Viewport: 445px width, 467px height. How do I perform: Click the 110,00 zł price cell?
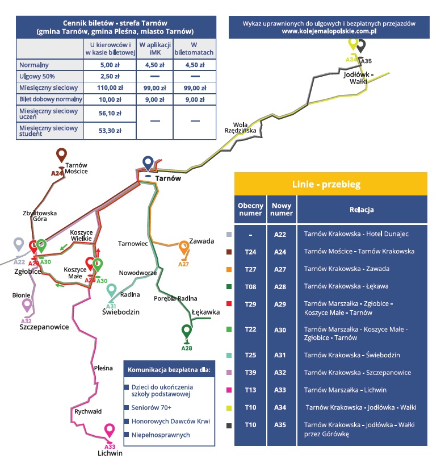(x=110, y=88)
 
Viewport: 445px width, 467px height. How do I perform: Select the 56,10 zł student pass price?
(x=110, y=113)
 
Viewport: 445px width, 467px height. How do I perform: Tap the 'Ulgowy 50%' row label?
(x=37, y=76)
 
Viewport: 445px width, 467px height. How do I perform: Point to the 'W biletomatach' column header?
(x=194, y=48)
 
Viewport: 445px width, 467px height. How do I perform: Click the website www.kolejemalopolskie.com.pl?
(x=329, y=31)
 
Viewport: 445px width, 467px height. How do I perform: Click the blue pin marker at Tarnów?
(x=148, y=163)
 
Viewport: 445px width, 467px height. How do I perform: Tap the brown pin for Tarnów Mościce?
(x=61, y=155)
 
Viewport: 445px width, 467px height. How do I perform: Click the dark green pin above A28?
(x=187, y=331)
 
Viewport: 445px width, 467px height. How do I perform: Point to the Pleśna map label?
(x=103, y=368)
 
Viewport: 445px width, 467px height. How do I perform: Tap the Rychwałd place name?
(x=88, y=411)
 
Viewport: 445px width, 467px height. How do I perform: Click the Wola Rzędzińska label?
(x=240, y=127)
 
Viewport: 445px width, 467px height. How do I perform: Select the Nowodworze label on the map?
(x=138, y=273)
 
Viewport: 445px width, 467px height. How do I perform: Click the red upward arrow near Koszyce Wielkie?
(x=98, y=252)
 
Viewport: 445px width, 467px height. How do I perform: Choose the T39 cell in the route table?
(x=250, y=373)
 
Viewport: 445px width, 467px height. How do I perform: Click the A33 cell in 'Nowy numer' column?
(x=280, y=390)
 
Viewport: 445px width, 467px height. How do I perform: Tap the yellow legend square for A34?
(x=229, y=408)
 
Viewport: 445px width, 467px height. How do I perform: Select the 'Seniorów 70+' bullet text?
(x=152, y=407)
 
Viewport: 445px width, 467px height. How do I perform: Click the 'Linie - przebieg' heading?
(x=326, y=185)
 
